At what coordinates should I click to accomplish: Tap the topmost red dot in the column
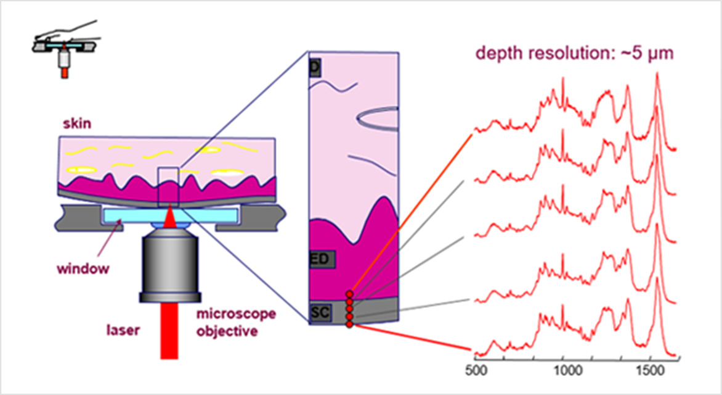349,294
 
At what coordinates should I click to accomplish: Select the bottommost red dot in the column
349,324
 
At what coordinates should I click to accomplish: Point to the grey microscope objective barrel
169,265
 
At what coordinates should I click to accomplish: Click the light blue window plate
136,215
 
